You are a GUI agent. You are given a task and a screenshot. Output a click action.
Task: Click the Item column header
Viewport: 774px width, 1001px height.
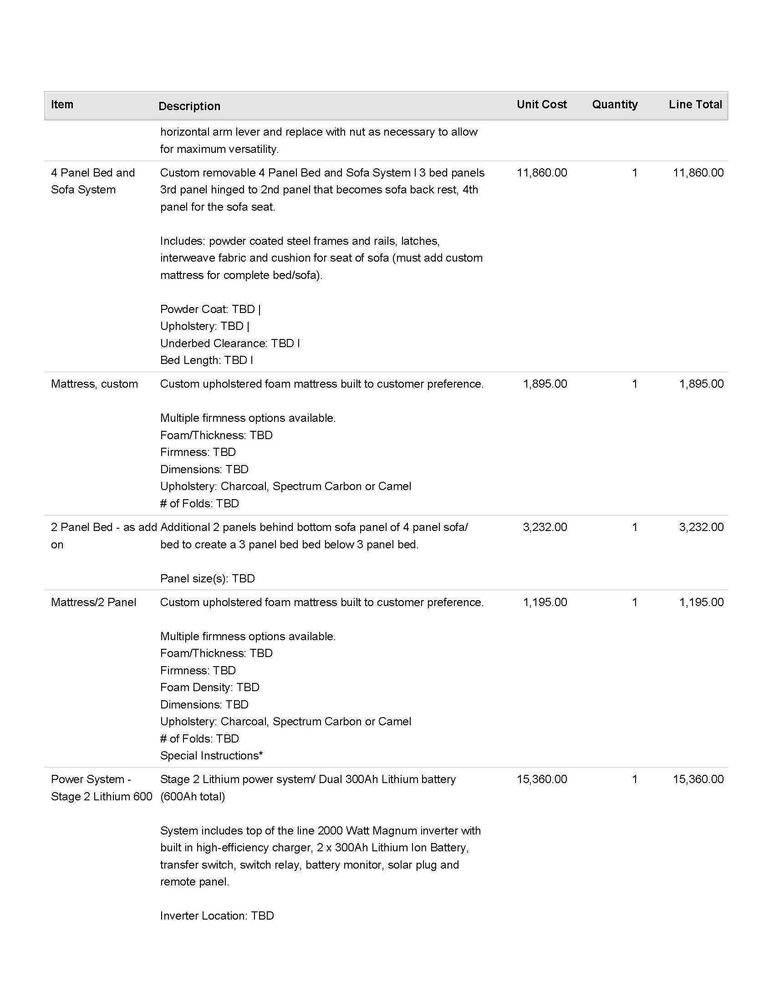click(62, 105)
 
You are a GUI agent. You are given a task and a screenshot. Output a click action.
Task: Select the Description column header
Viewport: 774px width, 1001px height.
click(189, 106)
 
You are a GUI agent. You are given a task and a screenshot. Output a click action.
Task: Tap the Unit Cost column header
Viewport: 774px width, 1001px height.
click(541, 105)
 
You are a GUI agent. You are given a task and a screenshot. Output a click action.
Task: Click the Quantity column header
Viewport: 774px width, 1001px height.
click(615, 105)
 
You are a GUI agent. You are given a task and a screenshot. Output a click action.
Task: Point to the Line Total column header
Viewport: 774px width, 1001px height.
click(695, 105)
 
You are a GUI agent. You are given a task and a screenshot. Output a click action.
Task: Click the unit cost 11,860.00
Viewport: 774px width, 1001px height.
click(541, 173)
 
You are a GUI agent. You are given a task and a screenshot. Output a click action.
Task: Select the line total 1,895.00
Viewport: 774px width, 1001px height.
click(701, 384)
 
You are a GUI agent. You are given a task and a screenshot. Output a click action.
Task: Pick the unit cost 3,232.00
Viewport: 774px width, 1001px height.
click(545, 527)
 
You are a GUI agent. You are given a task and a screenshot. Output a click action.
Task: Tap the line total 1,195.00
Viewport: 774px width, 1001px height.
click(701, 602)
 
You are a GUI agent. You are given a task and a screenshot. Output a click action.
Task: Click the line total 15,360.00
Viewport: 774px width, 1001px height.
click(698, 779)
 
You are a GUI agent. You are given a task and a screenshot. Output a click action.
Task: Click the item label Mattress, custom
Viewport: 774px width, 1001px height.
click(94, 384)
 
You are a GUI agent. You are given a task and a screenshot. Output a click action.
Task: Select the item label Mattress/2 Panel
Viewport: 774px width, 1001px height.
click(93, 602)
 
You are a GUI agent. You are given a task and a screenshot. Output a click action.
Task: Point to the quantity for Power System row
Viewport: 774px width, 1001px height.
click(635, 779)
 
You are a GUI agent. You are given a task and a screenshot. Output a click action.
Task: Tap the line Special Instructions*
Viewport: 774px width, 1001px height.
click(211, 756)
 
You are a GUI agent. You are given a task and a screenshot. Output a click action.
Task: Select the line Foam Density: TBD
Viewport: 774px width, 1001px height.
click(209, 688)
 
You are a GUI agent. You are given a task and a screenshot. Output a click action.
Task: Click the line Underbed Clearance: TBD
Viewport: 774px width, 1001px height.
click(230, 343)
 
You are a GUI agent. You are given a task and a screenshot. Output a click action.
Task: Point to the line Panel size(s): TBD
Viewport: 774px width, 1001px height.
click(207, 578)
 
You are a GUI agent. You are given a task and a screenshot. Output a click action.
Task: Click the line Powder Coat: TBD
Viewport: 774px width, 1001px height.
click(210, 309)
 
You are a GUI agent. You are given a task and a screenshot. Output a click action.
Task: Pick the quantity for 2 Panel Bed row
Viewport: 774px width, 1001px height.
click(635, 527)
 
